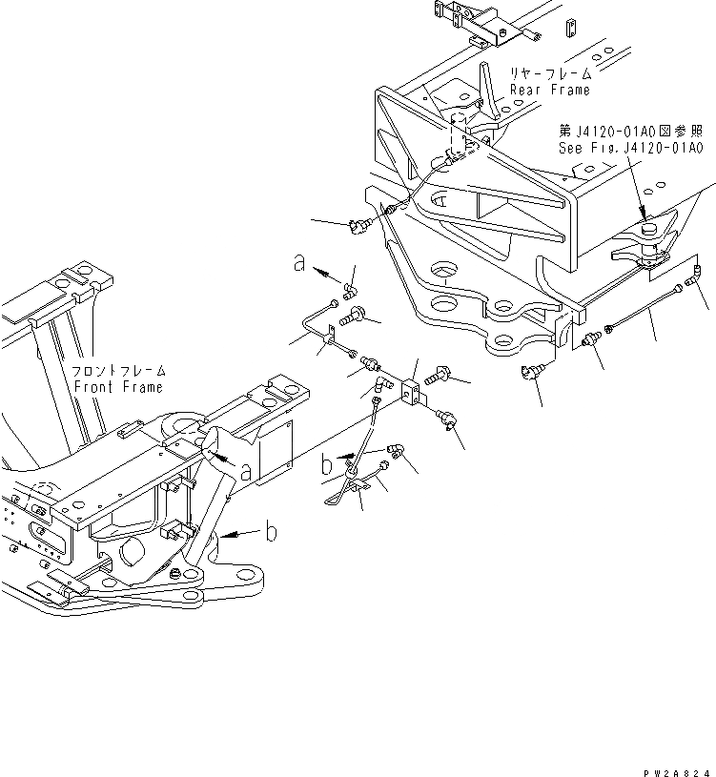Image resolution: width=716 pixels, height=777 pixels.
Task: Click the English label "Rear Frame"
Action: pos(549,90)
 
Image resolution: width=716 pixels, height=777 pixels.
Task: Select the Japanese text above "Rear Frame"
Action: pos(551,73)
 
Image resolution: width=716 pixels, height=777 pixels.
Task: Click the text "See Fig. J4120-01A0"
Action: pos(630,150)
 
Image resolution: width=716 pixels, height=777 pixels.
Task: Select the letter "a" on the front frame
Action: pos(246,471)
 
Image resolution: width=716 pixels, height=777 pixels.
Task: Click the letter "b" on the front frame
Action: pos(271,531)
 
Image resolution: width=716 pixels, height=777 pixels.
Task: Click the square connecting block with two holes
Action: pos(413,392)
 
